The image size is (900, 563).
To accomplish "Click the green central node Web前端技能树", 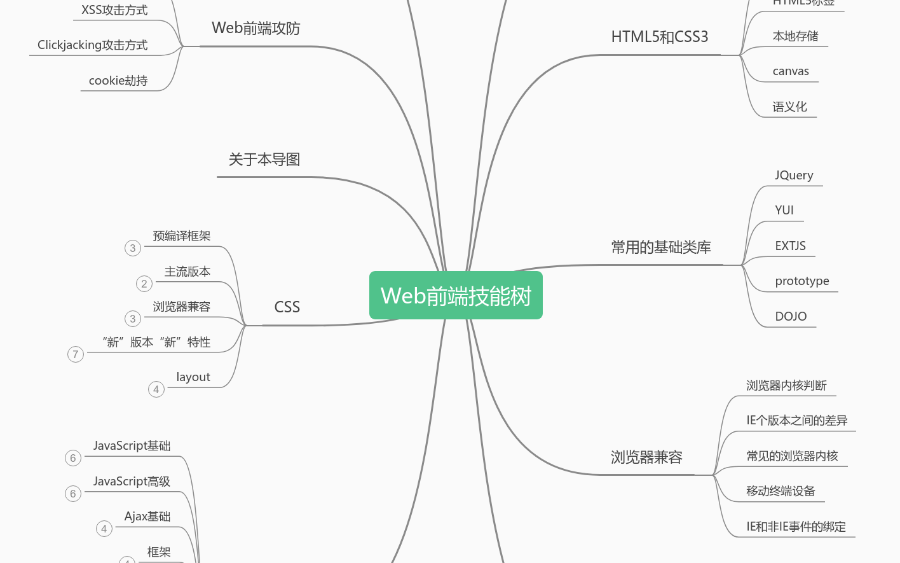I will (x=456, y=296).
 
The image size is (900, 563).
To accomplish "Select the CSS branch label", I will (x=287, y=307).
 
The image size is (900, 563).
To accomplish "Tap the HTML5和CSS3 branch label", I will (x=659, y=37).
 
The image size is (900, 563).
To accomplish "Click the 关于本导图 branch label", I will (x=264, y=160).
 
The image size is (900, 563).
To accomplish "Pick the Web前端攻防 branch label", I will (x=256, y=29).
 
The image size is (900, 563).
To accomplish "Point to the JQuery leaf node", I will (x=794, y=176).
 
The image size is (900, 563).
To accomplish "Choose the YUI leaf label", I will (x=784, y=211).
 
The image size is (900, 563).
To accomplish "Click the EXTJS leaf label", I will (x=790, y=246).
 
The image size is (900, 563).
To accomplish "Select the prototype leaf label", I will (x=801, y=281).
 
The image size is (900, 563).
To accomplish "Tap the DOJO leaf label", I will (x=791, y=317).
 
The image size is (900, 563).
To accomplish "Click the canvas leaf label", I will (x=791, y=71).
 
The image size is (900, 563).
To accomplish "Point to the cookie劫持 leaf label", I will (x=118, y=81).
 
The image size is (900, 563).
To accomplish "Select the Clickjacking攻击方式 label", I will (x=92, y=45).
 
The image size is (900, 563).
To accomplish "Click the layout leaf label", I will (x=193, y=377).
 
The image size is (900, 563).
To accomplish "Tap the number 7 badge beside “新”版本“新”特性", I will (x=76, y=354).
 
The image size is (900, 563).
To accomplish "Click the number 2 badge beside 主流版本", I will (x=144, y=284).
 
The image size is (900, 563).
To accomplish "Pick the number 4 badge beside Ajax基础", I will (x=104, y=529).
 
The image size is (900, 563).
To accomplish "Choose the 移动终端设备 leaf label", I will (x=781, y=491).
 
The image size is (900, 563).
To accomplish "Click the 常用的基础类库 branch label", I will (x=661, y=247).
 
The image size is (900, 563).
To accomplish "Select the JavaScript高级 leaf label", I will (x=132, y=482).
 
